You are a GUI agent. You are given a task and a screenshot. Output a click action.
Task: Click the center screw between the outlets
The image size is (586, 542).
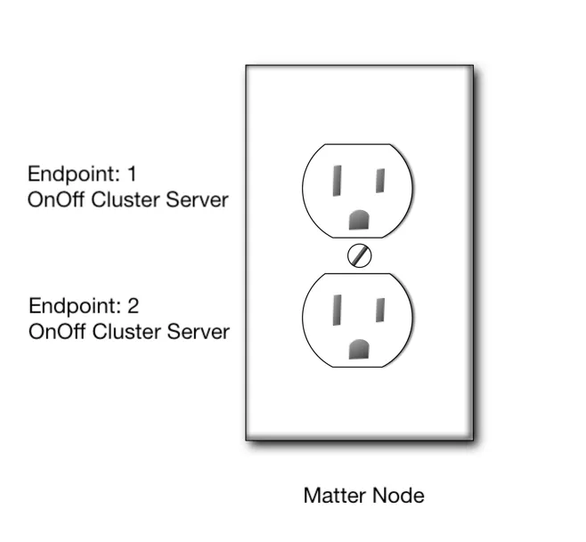tap(360, 255)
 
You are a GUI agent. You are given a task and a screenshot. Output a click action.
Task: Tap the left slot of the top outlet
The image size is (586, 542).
tap(338, 181)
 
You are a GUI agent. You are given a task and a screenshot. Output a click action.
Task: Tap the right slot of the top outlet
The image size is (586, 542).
tap(379, 180)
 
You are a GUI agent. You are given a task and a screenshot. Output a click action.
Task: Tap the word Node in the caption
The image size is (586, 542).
tap(401, 495)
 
